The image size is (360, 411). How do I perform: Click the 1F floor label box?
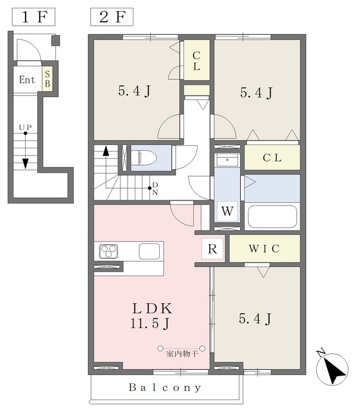tap(33, 17)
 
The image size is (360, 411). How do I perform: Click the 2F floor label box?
tap(112, 17)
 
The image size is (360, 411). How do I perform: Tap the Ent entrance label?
tap(27, 80)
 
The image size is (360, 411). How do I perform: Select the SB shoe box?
tap(47, 78)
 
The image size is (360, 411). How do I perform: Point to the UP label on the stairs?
tap(26, 127)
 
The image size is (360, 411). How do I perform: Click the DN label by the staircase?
tap(155, 188)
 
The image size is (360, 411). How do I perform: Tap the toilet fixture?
tap(143, 158)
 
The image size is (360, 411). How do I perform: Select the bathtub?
tap(272, 216)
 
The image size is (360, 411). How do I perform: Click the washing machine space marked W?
tap(227, 211)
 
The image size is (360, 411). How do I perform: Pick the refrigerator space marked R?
tap(212, 249)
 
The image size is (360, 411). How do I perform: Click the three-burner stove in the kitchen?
tap(108, 251)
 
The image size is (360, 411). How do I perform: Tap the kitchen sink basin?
tap(149, 251)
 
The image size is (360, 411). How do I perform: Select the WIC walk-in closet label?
tap(264, 249)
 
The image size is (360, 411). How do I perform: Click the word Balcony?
tap(165, 387)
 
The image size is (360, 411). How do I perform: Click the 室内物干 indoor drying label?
tap(182, 354)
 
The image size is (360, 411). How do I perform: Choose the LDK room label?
tap(152, 308)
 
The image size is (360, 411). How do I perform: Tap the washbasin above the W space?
tap(227, 160)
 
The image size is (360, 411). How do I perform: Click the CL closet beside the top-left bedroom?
tap(197, 60)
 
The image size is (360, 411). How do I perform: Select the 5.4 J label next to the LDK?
tap(255, 319)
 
